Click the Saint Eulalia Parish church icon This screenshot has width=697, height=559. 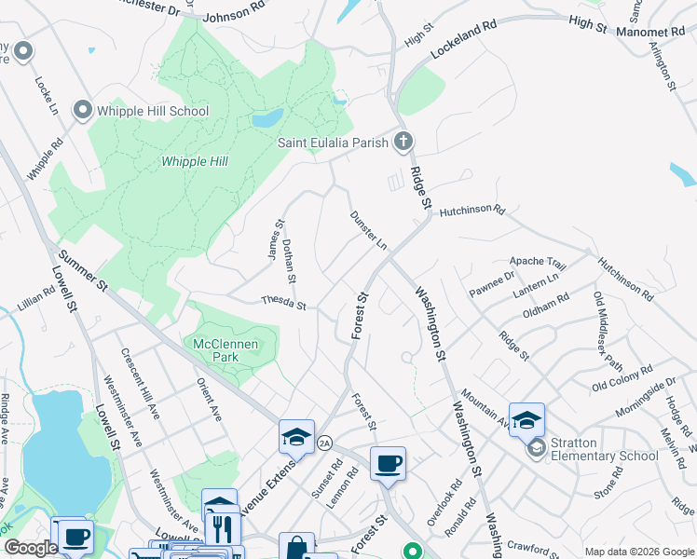(403, 143)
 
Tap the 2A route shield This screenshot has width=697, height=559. (324, 443)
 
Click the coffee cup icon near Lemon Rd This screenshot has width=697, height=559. (388, 463)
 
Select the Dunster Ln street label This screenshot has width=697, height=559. (368, 230)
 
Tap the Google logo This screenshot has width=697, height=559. (31, 549)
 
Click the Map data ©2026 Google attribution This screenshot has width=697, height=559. (638, 552)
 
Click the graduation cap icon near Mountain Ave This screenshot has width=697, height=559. (526, 418)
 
